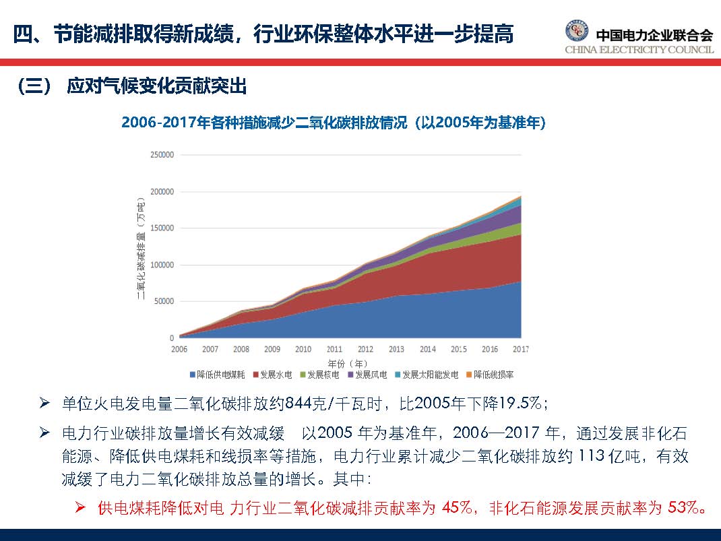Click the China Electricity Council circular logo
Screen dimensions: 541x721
click(x=577, y=32)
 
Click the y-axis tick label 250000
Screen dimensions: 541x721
click(x=161, y=155)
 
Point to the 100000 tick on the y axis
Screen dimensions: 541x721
click(x=161, y=265)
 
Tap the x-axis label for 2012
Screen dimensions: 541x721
click(x=365, y=349)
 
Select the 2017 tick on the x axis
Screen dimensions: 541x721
click(x=520, y=349)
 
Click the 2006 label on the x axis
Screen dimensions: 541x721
click(x=179, y=349)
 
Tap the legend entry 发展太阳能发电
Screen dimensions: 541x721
click(x=426, y=374)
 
